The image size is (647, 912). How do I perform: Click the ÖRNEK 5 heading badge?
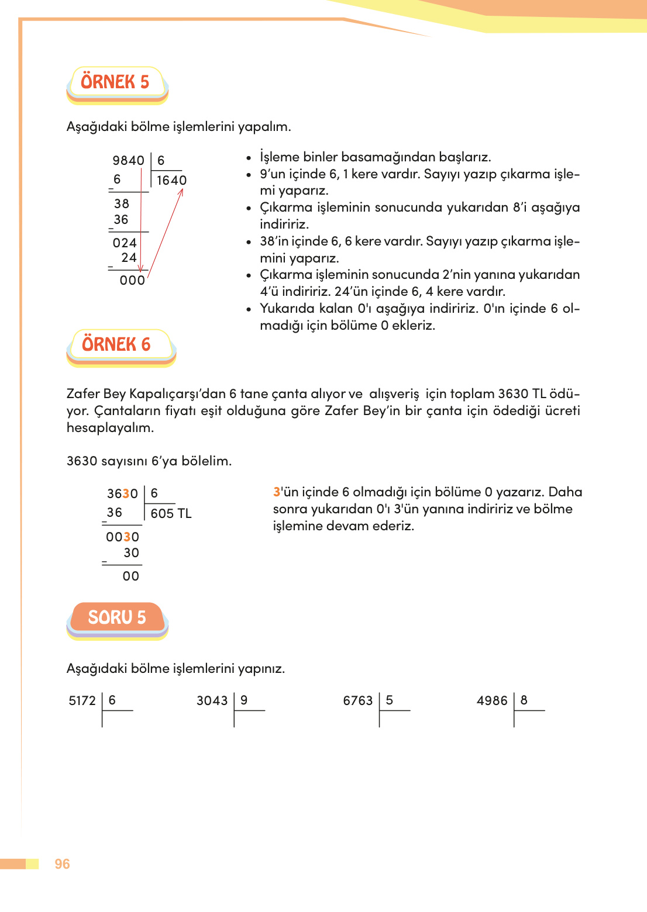115,82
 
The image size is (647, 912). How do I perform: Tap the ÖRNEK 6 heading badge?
116,345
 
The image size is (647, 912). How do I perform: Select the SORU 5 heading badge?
117,617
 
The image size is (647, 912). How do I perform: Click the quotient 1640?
171,181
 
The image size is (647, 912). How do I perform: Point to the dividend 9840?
128,161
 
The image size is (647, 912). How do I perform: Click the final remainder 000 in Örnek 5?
132,281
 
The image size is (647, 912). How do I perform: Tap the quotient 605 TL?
171,514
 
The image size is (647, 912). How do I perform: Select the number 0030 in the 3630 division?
122,537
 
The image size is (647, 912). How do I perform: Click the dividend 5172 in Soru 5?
82,701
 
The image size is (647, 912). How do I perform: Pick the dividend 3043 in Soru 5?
212,701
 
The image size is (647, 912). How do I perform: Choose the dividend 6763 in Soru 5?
357,701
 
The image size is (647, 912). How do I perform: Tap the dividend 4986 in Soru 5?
492,701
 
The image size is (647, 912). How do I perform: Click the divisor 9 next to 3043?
244,700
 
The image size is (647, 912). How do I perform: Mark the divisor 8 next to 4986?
524,700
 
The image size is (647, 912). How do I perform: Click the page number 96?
62,864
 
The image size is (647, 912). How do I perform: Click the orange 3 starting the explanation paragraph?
277,492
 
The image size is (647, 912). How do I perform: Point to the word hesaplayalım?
110,428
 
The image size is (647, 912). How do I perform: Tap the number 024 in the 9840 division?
125,243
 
